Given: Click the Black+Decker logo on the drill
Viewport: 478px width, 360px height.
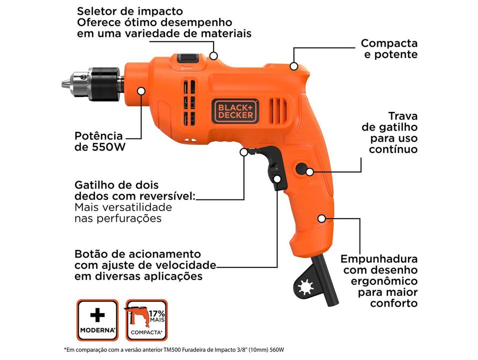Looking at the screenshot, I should click(x=235, y=110).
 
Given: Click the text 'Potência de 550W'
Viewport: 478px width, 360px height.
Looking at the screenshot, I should click(x=98, y=141).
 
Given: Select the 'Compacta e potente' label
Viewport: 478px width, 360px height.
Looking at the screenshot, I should click(x=389, y=49).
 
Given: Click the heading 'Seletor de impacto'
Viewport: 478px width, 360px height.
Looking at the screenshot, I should click(x=130, y=11).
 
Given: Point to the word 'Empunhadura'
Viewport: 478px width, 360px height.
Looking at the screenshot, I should click(x=379, y=259).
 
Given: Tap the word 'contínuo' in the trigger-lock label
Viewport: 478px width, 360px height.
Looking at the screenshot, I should click(x=393, y=149).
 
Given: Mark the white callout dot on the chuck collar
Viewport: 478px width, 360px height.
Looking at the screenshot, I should click(x=141, y=91).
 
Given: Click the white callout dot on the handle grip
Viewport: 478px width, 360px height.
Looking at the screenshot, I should click(x=321, y=218).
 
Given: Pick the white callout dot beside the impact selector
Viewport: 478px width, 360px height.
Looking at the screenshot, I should click(x=214, y=55).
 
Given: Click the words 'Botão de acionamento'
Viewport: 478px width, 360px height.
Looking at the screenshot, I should click(x=137, y=253).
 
